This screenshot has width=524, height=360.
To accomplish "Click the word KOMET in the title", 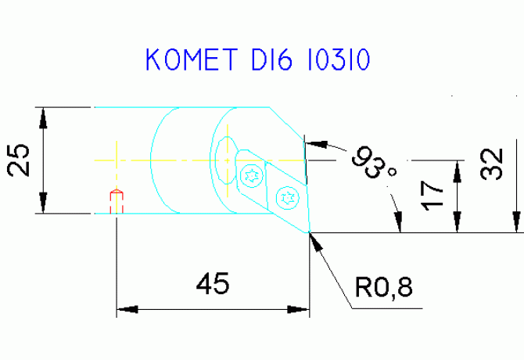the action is pyautogui.click(x=192, y=59).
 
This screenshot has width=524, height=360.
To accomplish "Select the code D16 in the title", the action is pyautogui.click(x=271, y=59).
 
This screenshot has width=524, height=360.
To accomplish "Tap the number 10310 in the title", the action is pyautogui.click(x=339, y=59).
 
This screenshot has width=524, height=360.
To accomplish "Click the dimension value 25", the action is pyautogui.click(x=18, y=160).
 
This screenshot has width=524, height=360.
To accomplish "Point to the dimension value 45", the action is pyautogui.click(x=213, y=283).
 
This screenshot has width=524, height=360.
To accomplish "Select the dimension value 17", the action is pyautogui.click(x=432, y=196).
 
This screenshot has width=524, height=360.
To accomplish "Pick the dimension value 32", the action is pyautogui.click(x=491, y=164).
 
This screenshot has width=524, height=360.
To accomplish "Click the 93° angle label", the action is pyautogui.click(x=374, y=162).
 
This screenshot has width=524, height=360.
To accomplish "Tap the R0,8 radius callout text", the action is pyautogui.click(x=384, y=287).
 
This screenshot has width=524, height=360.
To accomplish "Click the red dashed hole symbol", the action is pyautogui.click(x=117, y=201).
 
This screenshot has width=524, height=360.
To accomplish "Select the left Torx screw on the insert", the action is pyautogui.click(x=252, y=175).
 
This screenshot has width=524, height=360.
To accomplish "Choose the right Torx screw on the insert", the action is pyautogui.click(x=287, y=198).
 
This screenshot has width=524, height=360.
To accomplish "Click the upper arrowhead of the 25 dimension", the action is pyautogui.click(x=43, y=118).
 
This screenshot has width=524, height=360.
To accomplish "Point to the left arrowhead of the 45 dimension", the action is pyautogui.click(x=127, y=309).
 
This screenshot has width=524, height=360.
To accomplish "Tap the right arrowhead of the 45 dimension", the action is pyautogui.click(x=299, y=309).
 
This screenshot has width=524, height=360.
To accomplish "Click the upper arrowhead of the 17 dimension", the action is pyautogui.click(x=458, y=171).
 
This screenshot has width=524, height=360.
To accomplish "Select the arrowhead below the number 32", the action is pyautogui.click(x=516, y=221).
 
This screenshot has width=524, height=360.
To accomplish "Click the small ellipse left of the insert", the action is pyautogui.click(x=227, y=160).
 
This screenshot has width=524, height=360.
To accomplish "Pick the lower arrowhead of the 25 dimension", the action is pyautogui.click(x=43, y=203).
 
